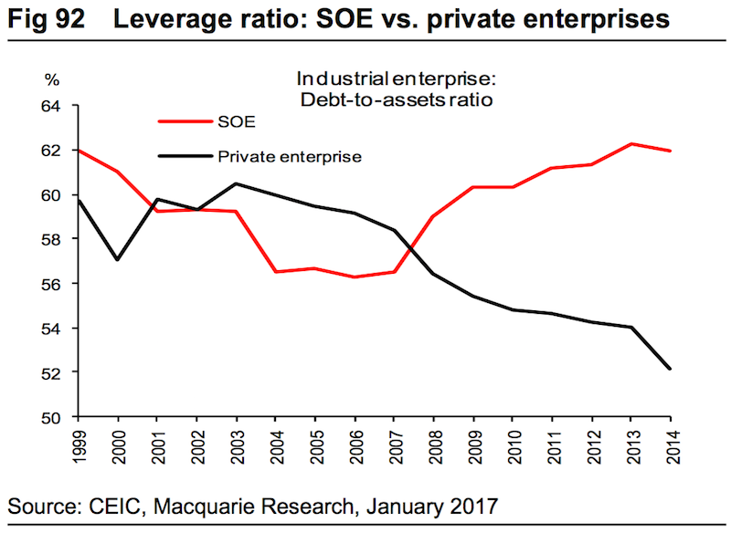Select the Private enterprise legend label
(290, 156)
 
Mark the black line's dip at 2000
(117, 259)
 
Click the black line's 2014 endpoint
(671, 369)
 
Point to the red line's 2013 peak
(630, 144)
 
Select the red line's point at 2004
(275, 272)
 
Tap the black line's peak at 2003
(236, 183)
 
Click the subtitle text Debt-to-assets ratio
(397, 100)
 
